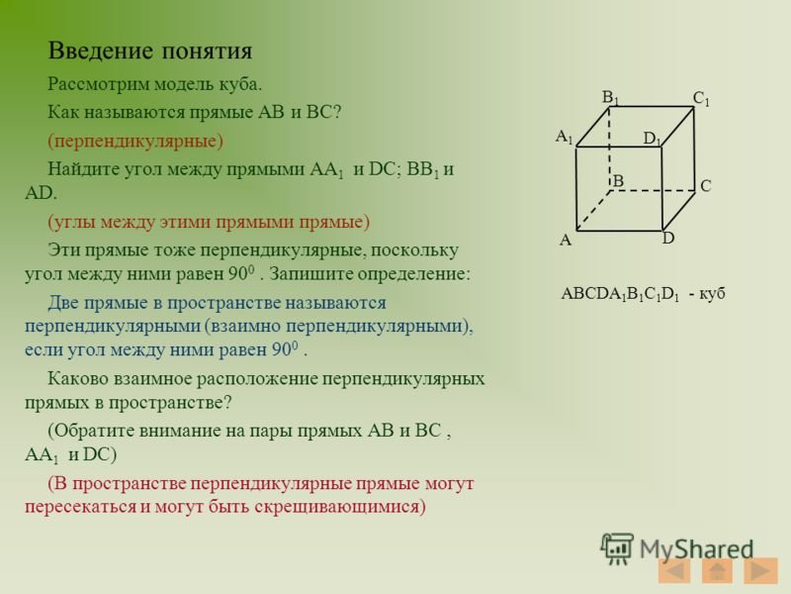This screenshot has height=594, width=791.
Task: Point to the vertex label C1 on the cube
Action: [702, 99]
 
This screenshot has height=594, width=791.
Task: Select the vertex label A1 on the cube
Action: [564, 136]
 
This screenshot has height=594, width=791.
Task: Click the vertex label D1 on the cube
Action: [653, 140]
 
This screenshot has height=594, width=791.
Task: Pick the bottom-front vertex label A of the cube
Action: [566, 240]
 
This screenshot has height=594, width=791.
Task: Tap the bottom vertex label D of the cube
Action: [668, 239]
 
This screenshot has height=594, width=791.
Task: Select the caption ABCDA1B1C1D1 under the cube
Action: [618, 293]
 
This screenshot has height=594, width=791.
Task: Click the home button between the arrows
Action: [718, 571]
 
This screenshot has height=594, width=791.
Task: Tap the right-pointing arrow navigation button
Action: [760, 571]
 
